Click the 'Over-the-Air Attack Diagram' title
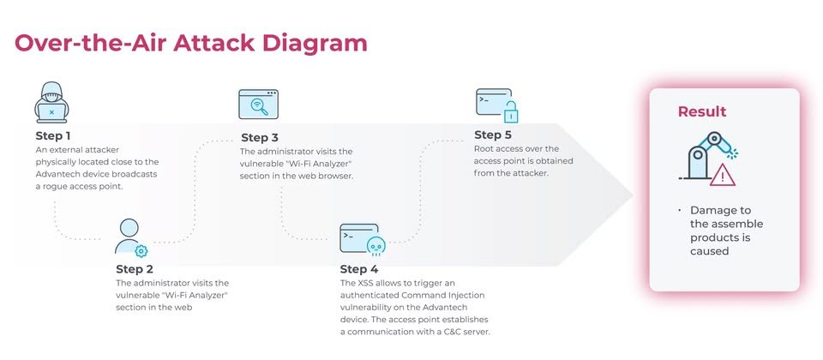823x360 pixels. coord(190,43)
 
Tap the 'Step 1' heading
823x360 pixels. coord(53,136)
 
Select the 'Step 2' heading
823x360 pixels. coord(135,269)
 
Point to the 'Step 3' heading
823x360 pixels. coord(260,138)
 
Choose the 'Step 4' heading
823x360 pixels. coord(359,269)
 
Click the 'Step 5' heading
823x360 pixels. coord(492,135)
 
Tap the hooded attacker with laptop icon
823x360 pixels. coord(51,102)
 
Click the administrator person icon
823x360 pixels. coord(129,237)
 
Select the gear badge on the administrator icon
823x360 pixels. coord(141,251)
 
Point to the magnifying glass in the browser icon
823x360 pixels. coord(259,106)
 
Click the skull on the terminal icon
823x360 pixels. coord(375,246)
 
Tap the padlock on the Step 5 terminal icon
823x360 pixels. coord(511,111)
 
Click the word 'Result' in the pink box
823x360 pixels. coord(702,111)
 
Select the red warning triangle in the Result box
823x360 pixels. coord(722,175)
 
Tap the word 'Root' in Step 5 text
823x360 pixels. coord(483,149)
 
